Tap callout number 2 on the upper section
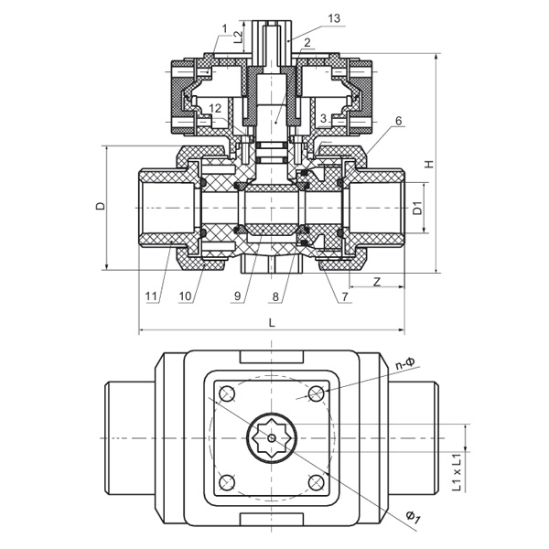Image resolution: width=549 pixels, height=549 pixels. pyautogui.click(x=306, y=42)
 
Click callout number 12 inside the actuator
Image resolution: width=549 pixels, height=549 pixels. pyautogui.click(x=214, y=109)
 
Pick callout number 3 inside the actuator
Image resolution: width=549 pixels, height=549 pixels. pyautogui.click(x=325, y=118)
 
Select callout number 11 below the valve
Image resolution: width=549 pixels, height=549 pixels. pyautogui.click(x=150, y=296)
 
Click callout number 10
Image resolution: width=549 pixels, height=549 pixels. pyautogui.click(x=185, y=296)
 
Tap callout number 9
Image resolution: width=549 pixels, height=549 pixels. pyautogui.click(x=236, y=296)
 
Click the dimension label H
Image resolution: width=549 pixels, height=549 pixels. pyautogui.click(x=428, y=165)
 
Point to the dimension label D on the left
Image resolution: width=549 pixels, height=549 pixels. pyautogui.click(x=100, y=207)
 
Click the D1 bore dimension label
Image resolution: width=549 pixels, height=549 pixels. pyautogui.click(x=418, y=208)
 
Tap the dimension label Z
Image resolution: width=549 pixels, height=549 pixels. pyautogui.click(x=377, y=281)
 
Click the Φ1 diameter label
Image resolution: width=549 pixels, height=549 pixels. pyautogui.click(x=414, y=519)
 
